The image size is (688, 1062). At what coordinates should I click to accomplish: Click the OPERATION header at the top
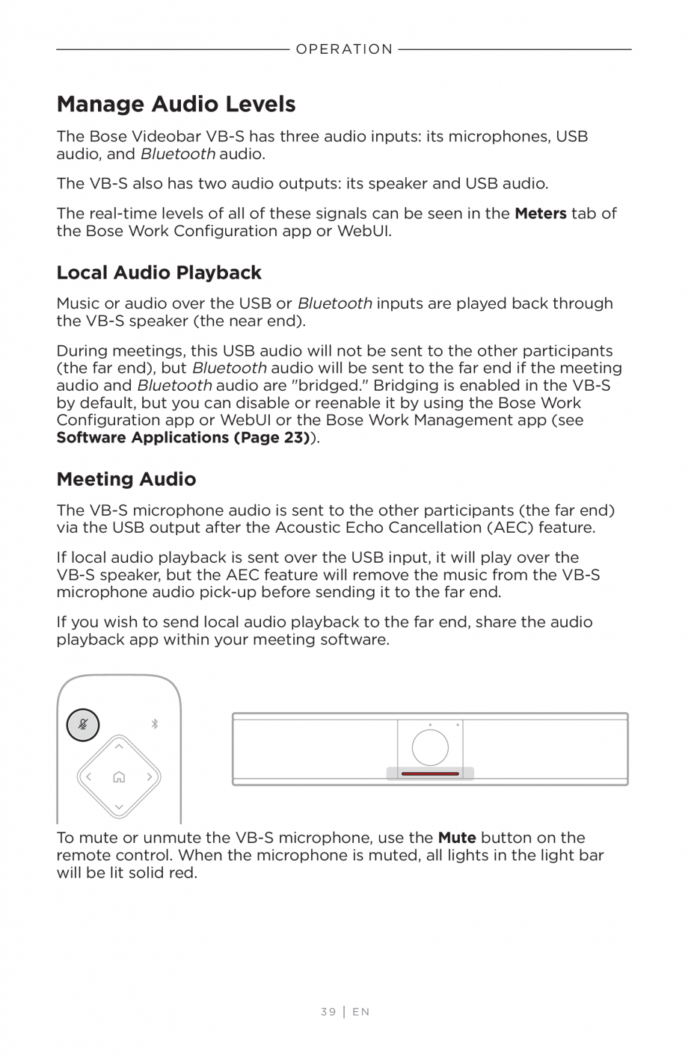point(344,49)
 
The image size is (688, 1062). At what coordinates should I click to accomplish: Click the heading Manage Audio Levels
point(176,104)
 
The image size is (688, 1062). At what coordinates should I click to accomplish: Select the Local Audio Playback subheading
point(159,272)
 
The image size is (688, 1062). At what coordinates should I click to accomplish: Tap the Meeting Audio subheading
point(126,479)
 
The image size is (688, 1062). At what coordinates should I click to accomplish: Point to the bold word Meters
point(540,213)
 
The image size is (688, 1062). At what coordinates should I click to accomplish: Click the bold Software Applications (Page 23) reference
point(183,437)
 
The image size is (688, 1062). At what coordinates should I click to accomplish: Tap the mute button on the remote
point(83,724)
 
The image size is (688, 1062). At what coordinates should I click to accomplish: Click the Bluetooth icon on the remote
point(155,723)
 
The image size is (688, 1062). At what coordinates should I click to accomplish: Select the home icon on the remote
point(119,777)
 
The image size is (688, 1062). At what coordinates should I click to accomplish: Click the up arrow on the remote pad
point(119,747)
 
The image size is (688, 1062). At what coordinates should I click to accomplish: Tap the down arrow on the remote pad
point(119,807)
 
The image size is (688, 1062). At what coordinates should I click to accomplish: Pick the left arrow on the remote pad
point(88,777)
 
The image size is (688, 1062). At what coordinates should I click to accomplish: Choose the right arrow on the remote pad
point(150,777)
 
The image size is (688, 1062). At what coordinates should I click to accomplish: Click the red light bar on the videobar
point(430,774)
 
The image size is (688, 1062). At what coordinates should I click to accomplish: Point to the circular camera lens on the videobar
point(430,747)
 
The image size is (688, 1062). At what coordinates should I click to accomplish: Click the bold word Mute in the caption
point(456,838)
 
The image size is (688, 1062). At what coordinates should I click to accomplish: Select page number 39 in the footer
point(328,1012)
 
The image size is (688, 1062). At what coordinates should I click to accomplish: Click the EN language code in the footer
point(361,1012)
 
